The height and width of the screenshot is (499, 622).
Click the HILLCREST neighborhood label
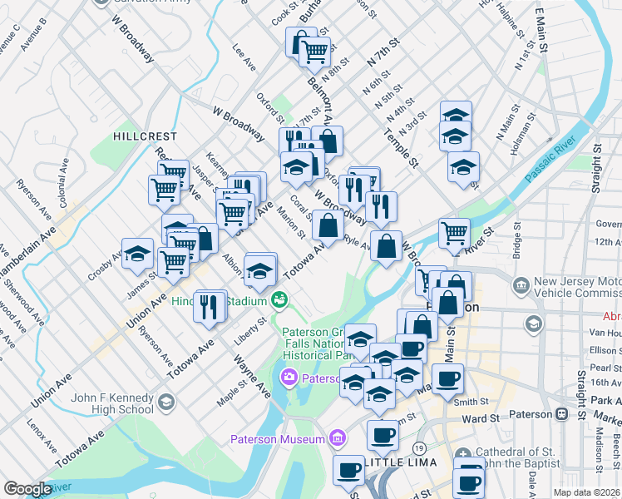point(146,136)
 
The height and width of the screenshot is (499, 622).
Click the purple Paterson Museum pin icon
point(337,438)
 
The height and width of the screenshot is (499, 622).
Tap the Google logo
point(27,489)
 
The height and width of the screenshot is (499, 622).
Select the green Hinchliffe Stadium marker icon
point(282,298)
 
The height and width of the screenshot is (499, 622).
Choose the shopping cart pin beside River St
point(454,233)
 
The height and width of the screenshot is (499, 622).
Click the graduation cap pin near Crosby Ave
point(137,254)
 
